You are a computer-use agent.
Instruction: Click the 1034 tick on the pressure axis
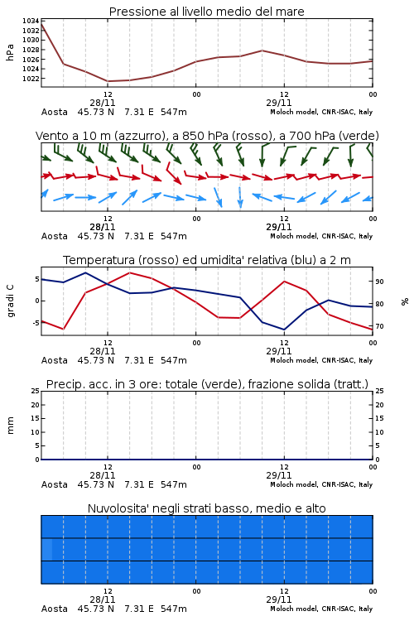pos(31,21)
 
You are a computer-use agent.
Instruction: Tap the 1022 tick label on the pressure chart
pos(31,79)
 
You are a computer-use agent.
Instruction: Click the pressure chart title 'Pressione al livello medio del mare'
pos(207,12)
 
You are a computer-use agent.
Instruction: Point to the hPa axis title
pos(10,52)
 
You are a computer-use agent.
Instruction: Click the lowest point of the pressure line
pos(108,81)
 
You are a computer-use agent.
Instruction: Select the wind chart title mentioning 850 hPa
pos(207,136)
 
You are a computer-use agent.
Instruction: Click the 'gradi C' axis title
pos(10,301)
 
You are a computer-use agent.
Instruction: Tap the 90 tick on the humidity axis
pos(379,282)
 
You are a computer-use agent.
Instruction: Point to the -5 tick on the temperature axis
pos(36,323)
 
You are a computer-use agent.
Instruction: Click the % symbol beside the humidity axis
pos(405,301)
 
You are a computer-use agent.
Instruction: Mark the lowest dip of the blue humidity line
pos(284,330)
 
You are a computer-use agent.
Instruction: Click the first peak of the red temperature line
pos(130,273)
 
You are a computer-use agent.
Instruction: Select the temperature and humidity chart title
pos(207,260)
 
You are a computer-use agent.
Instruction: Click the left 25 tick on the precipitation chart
pos(36,391)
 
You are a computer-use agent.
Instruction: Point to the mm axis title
pos(10,425)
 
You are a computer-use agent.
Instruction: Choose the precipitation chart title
pos(207,384)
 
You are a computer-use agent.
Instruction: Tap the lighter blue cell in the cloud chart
pos(46,549)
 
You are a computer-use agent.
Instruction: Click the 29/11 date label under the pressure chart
pos(279,103)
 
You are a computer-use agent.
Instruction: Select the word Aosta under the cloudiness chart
pos(55,609)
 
